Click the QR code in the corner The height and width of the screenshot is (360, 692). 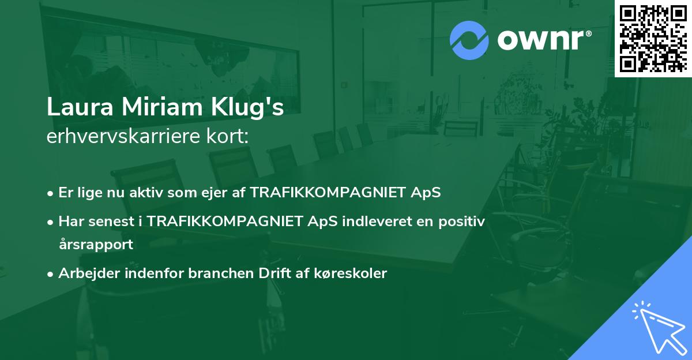(x=653, y=38)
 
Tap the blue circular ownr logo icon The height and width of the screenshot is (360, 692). (x=469, y=40)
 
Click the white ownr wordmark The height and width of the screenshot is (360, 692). (x=541, y=40)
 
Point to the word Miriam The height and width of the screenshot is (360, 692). (x=162, y=107)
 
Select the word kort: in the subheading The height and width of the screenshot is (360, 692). (x=227, y=136)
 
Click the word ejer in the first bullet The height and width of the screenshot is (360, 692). (x=214, y=193)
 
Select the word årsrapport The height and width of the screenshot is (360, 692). (x=96, y=245)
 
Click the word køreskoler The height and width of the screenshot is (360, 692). (x=351, y=273)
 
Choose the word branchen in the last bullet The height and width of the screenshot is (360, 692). (x=221, y=273)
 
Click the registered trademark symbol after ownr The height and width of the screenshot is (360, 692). (x=588, y=33)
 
